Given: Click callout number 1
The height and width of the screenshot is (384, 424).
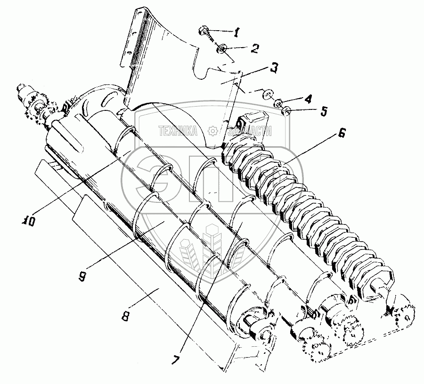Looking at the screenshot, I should click(237, 32).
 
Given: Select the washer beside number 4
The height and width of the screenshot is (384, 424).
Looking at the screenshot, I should click(279, 101).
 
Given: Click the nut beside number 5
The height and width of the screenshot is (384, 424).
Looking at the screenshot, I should click(285, 111).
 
